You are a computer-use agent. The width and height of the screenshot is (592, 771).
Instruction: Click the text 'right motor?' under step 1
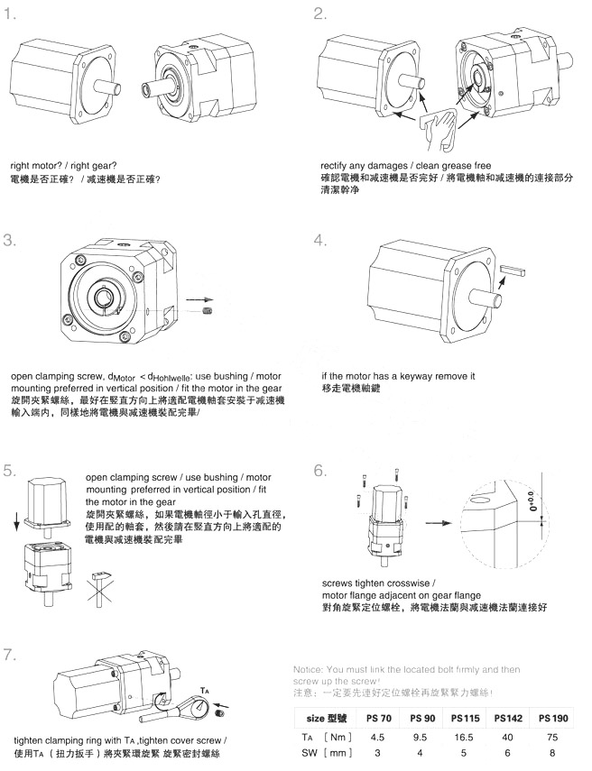(x=35, y=165)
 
